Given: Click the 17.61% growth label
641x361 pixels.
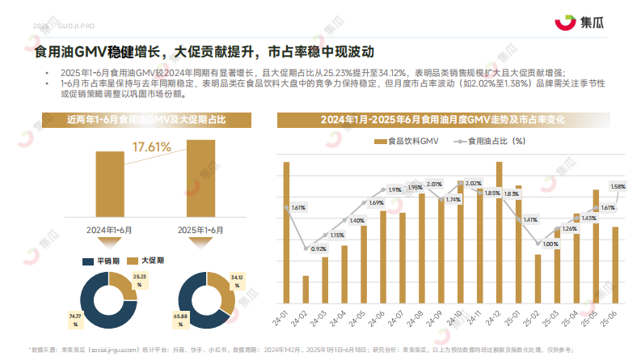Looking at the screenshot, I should pos(151,147).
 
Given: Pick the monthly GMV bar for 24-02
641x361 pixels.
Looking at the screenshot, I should pos(306,289).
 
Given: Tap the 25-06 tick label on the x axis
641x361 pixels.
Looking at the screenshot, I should pos(614,319).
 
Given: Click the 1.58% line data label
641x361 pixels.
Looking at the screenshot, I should pos(618,187).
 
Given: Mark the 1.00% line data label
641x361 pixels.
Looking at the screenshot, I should pos(550,244).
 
